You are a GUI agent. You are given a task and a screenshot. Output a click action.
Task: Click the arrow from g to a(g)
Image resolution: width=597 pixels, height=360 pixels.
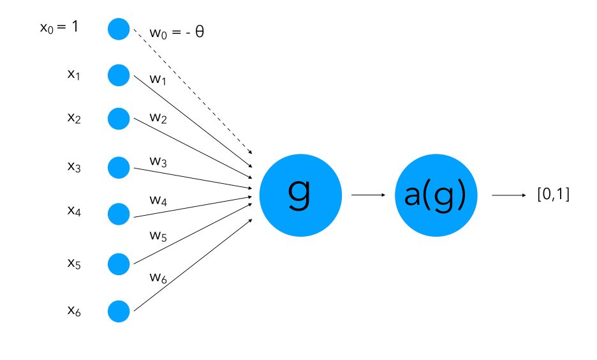click(368, 195)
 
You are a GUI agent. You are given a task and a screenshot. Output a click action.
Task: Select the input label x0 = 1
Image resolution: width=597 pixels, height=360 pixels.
click(59, 28)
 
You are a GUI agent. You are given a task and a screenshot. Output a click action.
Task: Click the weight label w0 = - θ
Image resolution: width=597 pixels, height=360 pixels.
click(177, 32)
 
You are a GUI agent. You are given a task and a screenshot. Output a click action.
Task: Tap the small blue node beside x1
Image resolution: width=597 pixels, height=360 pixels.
click(119, 75)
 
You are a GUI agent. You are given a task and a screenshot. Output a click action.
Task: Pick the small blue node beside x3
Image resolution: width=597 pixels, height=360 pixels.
click(119, 167)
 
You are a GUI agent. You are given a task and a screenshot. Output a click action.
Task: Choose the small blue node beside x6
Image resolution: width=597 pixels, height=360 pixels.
click(119, 311)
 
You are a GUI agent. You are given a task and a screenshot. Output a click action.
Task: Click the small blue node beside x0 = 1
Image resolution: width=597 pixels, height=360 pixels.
click(119, 29)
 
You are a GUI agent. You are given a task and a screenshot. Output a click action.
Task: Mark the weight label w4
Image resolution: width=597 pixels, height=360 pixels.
click(158, 202)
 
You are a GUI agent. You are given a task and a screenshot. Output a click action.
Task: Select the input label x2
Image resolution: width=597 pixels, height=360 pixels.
click(74, 119)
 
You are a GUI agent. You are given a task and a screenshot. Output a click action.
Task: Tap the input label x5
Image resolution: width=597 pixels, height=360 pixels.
click(74, 262)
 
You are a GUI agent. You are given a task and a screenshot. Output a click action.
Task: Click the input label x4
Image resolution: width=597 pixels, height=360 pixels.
click(74, 210)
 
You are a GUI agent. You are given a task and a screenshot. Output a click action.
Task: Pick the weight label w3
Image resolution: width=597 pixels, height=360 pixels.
click(158, 161)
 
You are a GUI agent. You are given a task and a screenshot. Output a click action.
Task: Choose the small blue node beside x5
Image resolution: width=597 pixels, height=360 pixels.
click(119, 263)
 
